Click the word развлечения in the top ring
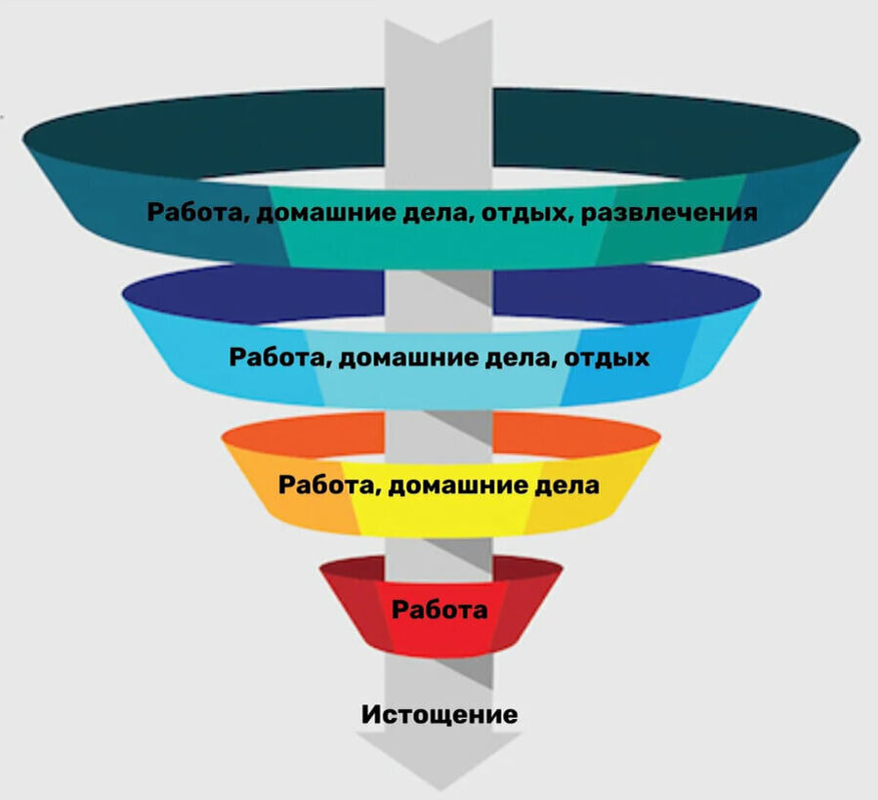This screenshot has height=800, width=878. click(x=669, y=212)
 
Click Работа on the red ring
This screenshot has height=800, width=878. click(x=439, y=611)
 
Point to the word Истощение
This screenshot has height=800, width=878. click(x=439, y=714)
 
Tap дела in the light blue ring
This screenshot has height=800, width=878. click(x=523, y=358)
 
